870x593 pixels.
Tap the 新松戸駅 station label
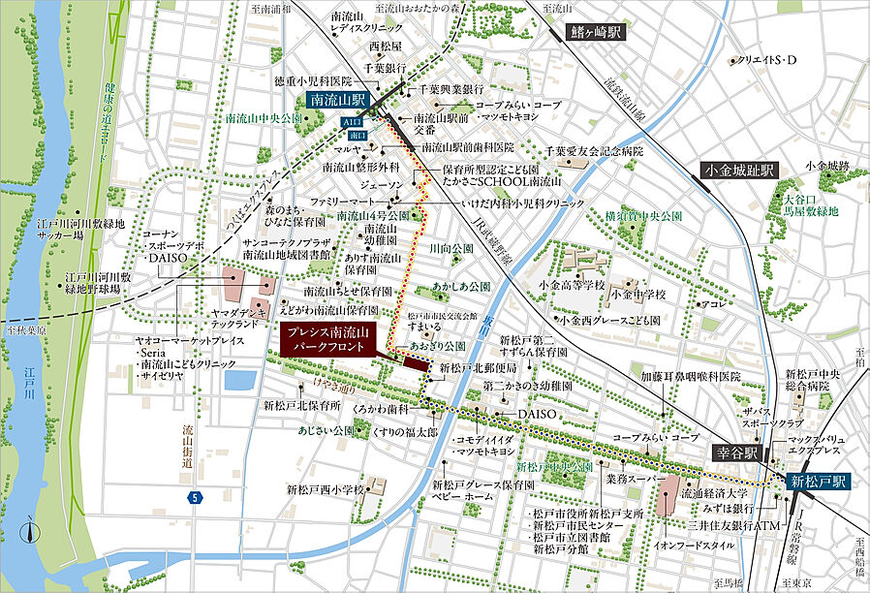pos(817,480)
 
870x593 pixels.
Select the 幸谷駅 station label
pos(741,452)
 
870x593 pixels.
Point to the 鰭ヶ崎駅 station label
pos(593,33)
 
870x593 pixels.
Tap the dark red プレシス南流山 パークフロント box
pos(327,339)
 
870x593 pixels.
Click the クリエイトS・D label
pos(765,60)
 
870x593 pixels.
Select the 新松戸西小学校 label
pos(320,489)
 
